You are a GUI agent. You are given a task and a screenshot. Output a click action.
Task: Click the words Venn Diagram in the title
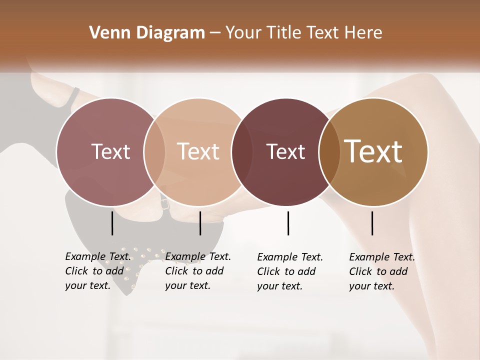(x=147, y=33)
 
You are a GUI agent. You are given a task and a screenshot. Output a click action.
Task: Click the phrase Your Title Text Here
(x=303, y=33)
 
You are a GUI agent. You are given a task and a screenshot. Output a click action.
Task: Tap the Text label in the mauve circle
(x=110, y=151)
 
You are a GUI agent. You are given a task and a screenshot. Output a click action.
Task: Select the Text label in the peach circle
(x=198, y=151)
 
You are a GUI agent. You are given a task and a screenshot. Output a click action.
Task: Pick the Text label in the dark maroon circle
(x=286, y=151)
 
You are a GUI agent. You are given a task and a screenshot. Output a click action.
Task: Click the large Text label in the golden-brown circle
(x=373, y=151)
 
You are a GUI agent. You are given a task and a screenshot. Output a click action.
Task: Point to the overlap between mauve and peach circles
(x=154, y=152)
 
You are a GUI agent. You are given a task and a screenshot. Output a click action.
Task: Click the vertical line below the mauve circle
(x=112, y=223)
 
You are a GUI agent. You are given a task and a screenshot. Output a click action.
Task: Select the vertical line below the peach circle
(x=200, y=223)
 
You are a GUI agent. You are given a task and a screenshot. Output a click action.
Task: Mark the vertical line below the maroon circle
(x=288, y=223)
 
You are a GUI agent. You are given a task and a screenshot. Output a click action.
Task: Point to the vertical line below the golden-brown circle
(x=372, y=223)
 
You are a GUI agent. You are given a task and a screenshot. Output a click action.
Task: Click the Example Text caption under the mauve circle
(x=98, y=271)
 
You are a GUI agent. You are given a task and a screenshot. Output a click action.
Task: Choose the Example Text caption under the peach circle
(x=198, y=271)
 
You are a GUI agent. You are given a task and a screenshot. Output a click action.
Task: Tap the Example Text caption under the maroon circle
(x=290, y=271)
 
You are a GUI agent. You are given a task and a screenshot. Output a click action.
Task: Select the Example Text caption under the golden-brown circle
(x=382, y=271)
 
